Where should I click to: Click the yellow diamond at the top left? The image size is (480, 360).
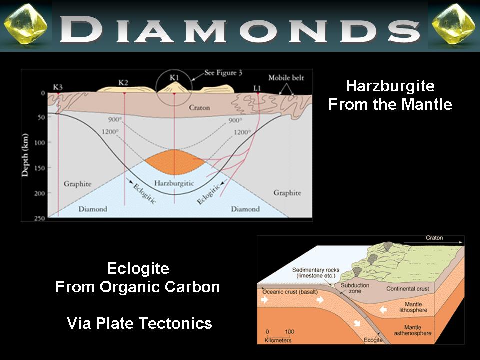tap(26, 24)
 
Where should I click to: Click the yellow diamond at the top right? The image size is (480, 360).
tap(453, 24)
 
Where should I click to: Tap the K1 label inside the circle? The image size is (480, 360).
tap(174, 78)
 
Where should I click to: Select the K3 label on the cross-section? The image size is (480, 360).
tap(58, 87)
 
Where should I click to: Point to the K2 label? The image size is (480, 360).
tap(123, 82)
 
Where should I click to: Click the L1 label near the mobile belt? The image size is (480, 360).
tap(257, 88)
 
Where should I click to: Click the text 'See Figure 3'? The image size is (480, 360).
tap(223, 73)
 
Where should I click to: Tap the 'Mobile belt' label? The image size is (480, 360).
tap(286, 78)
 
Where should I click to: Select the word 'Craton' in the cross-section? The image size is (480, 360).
tap(199, 108)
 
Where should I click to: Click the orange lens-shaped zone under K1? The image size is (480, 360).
tap(174, 162)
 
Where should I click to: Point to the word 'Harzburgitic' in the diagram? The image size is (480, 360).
tap(174, 183)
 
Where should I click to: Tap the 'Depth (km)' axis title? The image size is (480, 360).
tap(25, 155)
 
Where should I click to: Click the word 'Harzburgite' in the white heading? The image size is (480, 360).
tap(390, 86)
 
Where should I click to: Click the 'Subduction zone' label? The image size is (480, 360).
tap(355, 288)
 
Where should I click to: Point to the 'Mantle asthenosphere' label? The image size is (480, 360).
tap(412, 330)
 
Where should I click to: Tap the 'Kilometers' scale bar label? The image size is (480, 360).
tap(278, 340)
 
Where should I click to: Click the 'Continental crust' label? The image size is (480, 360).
tap(408, 289)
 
